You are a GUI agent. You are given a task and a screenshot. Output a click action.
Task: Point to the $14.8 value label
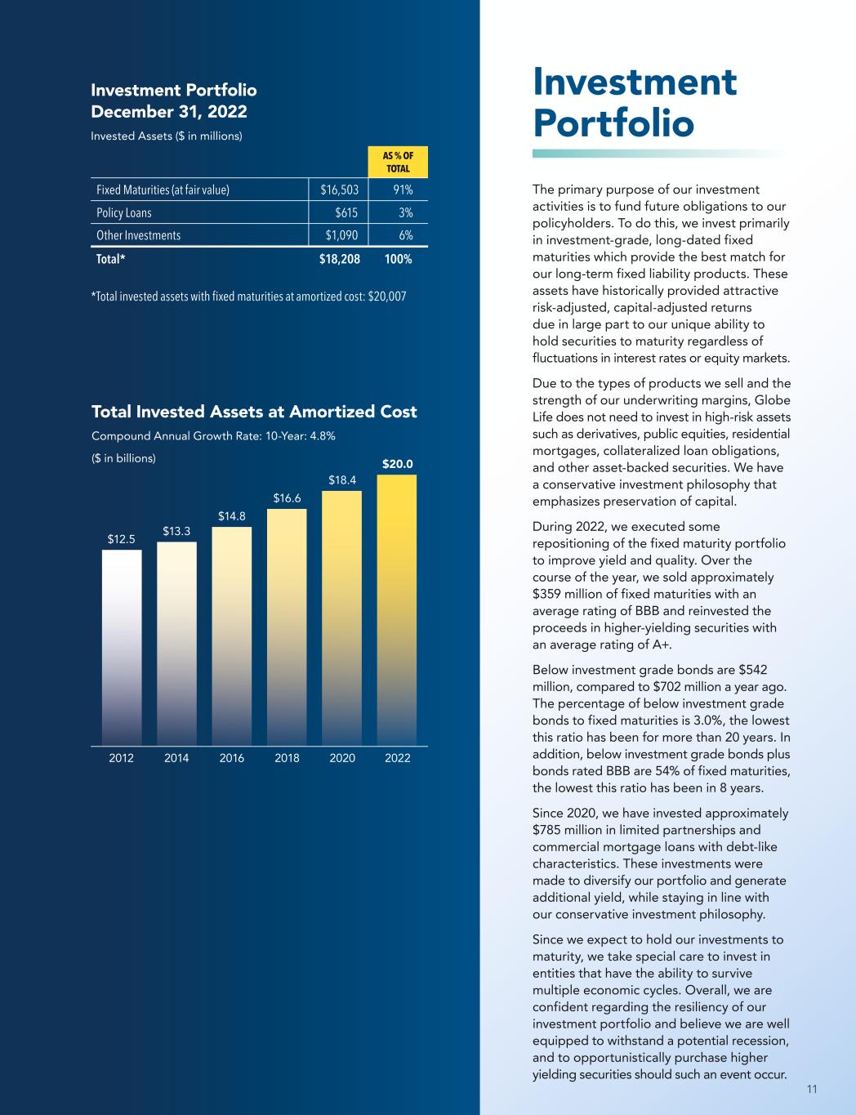pos(232,516)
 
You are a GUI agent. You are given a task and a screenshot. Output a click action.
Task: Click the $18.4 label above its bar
pos(342,480)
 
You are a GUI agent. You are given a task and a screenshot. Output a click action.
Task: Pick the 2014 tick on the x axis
pos(176,758)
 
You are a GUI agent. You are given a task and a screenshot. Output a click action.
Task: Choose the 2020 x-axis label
pos(342,758)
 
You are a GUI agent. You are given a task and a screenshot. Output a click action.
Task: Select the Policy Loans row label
pos(124,212)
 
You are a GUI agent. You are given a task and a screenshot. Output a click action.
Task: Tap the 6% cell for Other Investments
pos(403,235)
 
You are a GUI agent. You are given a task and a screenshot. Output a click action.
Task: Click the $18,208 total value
pos(339,260)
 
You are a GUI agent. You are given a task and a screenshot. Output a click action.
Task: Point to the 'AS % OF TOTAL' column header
pos(398,163)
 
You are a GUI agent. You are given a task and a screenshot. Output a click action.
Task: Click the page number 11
pos(812,1089)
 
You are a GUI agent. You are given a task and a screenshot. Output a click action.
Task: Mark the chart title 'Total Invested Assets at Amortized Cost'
pos(254,412)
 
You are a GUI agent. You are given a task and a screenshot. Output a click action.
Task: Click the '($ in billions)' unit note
pos(123,458)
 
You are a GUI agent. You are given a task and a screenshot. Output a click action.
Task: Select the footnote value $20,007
pos(387,296)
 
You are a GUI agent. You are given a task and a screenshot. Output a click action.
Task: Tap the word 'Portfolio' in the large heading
pos(613,123)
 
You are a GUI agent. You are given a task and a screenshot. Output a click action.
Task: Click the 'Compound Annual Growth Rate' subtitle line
pos(213,435)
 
